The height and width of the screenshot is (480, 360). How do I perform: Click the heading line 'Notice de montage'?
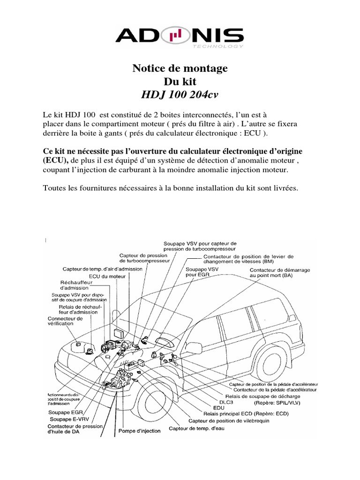(x=180, y=68)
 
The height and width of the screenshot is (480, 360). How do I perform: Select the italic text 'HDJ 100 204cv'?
(x=180, y=94)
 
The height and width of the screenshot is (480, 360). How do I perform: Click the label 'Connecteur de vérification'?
(x=65, y=321)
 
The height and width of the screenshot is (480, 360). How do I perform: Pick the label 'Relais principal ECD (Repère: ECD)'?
(x=246, y=414)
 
